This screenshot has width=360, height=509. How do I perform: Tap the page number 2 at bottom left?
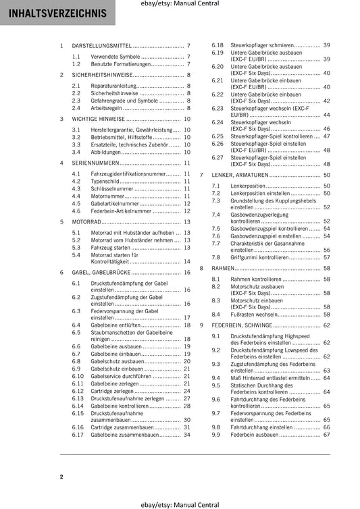[61, 477]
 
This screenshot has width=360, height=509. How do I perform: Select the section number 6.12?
[78, 391]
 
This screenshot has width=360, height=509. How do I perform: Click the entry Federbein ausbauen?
[254, 435]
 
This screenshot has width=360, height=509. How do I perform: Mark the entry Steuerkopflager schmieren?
[265, 45]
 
